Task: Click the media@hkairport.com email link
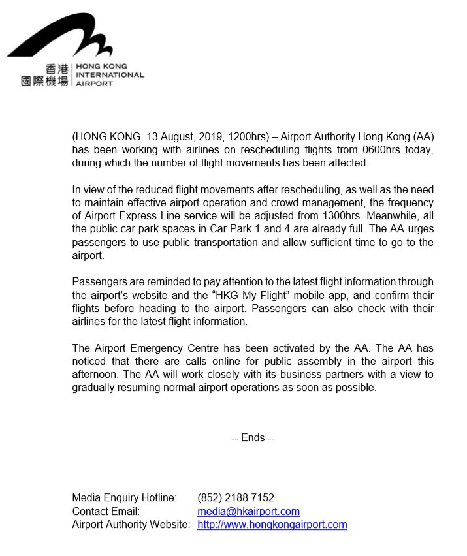tap(248, 511)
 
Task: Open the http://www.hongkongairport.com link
tap(272, 524)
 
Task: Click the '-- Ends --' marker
tap(253, 438)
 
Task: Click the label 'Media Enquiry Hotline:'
tap(124, 498)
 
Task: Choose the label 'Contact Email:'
tap(106, 511)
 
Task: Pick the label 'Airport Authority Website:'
tap(131, 524)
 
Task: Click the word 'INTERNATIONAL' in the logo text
tap(110, 75)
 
